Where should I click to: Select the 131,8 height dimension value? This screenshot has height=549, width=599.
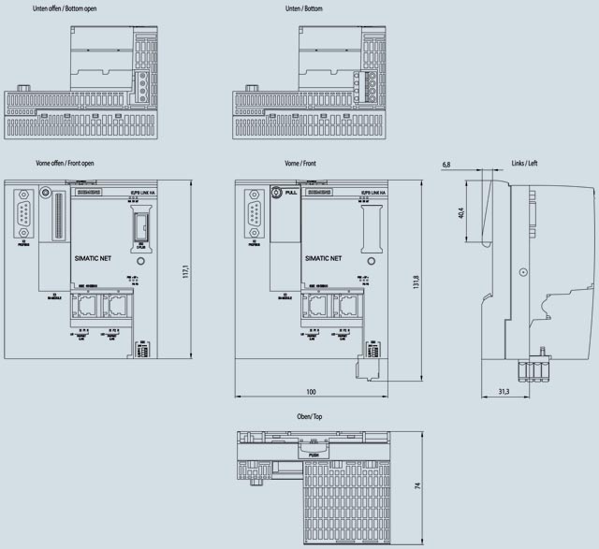tap(416, 282)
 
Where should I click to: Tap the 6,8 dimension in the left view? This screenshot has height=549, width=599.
tap(446, 165)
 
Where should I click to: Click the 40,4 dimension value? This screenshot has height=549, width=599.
tap(460, 214)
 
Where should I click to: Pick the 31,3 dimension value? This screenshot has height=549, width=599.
tap(503, 391)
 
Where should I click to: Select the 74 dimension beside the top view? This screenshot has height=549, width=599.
tap(416, 485)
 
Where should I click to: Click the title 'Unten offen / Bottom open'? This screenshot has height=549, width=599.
tap(66, 7)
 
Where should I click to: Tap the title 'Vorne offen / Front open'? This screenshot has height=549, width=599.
tap(64, 164)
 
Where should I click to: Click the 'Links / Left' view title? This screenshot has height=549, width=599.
tap(524, 163)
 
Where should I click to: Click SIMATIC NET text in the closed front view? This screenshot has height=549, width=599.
tap(323, 255)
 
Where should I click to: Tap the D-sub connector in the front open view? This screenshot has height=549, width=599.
tap(22, 214)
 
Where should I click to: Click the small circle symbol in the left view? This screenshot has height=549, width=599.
tap(523, 271)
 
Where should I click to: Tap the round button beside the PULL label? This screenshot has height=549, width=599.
tap(276, 192)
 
